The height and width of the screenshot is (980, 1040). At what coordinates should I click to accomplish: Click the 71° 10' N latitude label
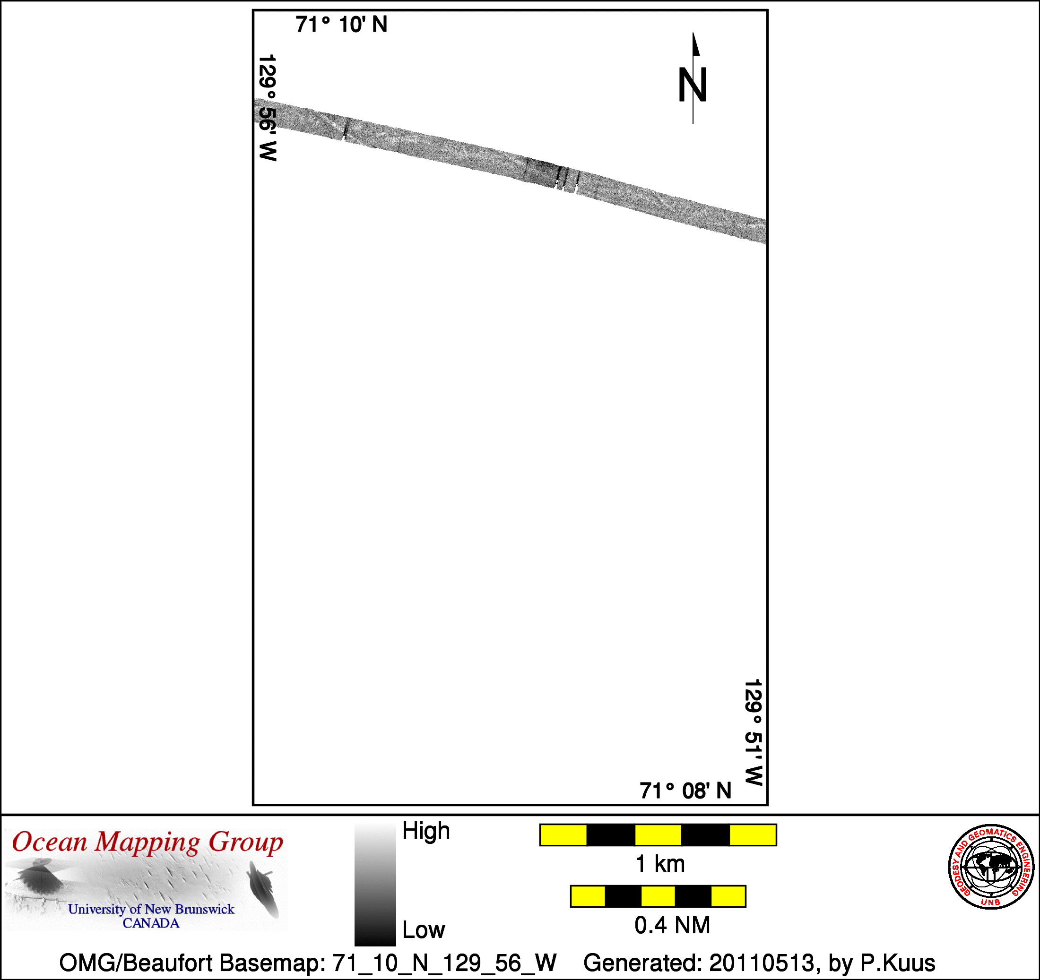[341, 25]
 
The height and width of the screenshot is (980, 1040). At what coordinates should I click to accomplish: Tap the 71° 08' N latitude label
[685, 791]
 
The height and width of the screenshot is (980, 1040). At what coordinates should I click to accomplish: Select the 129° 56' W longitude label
[267, 108]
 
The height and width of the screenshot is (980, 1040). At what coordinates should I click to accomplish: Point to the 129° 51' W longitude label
[754, 732]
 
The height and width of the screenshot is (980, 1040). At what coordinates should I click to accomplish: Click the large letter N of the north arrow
[693, 85]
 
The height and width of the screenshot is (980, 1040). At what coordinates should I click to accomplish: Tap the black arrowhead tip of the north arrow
[693, 33]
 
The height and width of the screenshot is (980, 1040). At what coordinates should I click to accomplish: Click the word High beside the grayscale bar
[426, 830]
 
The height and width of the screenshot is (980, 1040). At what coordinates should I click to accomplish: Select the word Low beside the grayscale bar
[423, 930]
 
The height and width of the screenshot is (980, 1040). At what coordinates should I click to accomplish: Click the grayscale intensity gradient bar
[375, 884]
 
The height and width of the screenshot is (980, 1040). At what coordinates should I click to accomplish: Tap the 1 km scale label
[659, 864]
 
